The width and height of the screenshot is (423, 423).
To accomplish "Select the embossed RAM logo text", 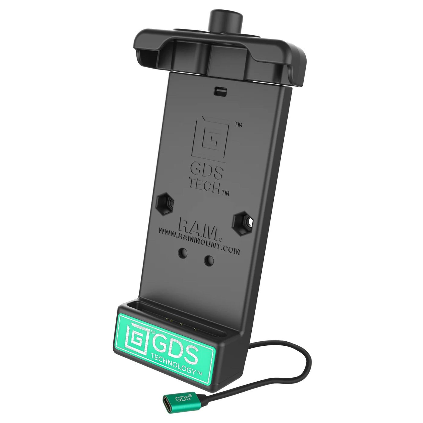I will pyautogui.click(x=202, y=226).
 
